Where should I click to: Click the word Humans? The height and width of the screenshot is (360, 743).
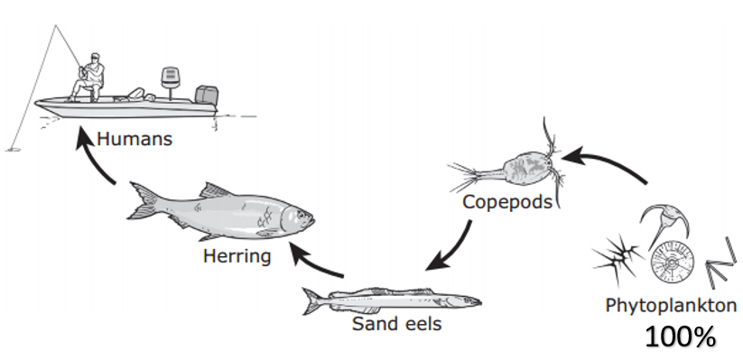click(x=135, y=139)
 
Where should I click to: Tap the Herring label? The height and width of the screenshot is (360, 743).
click(x=237, y=256)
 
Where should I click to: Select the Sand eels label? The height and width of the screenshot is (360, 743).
click(x=396, y=324)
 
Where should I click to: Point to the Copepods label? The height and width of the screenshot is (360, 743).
click(x=507, y=203)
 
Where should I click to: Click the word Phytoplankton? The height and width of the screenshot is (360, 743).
click(x=671, y=306)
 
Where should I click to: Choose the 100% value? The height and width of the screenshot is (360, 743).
click(x=680, y=337)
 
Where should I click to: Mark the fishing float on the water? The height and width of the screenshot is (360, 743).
click(x=13, y=150)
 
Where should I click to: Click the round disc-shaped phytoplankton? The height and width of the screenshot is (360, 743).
click(x=671, y=262)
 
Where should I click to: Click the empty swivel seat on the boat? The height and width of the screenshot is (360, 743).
click(x=170, y=79)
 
